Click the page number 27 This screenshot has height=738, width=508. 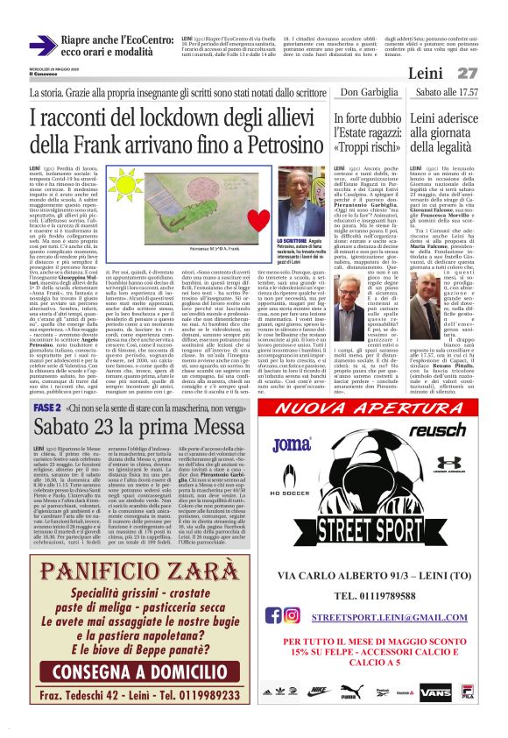click(468, 73)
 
